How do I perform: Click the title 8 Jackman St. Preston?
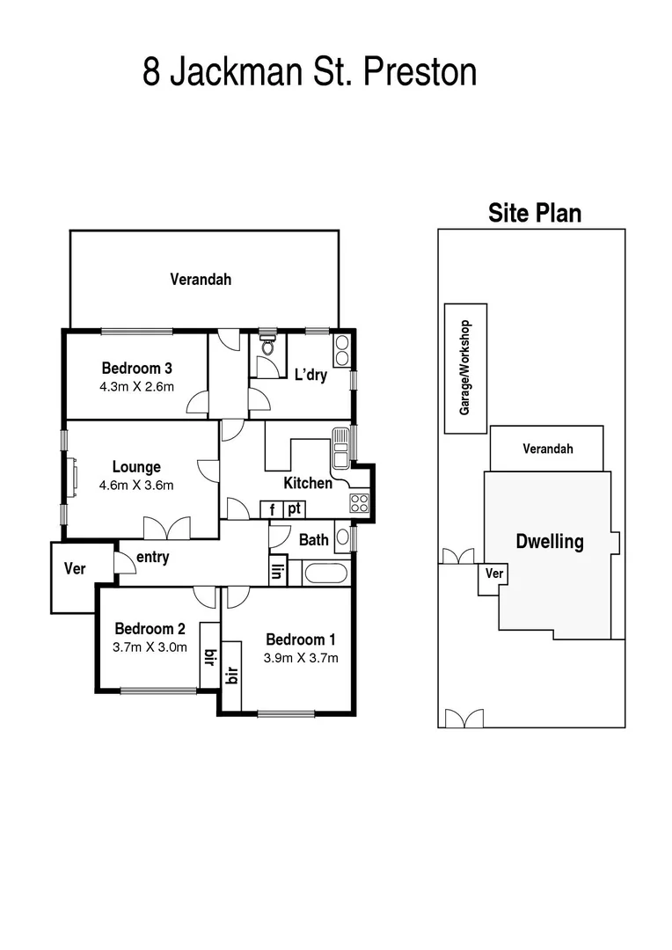pos(310,72)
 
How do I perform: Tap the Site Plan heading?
pos(535,213)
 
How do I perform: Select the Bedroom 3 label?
pos(136,369)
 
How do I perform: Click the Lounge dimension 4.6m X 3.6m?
pos(136,485)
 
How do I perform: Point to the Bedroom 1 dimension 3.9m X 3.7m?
pos(301,657)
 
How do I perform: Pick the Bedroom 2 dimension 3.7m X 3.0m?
pos(150,647)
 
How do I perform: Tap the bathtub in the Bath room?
pos(325,574)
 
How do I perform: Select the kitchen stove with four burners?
pos(360,503)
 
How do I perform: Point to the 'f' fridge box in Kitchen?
pos(272,508)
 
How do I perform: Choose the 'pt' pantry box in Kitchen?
pos(295,508)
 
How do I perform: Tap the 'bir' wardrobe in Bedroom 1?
pos(232,676)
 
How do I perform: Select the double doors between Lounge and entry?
pos(166,528)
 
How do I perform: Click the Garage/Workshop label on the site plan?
pos(466,368)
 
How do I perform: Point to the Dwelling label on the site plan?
pos(549,541)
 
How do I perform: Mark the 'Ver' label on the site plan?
pos(494,574)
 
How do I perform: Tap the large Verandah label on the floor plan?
pos(201,280)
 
